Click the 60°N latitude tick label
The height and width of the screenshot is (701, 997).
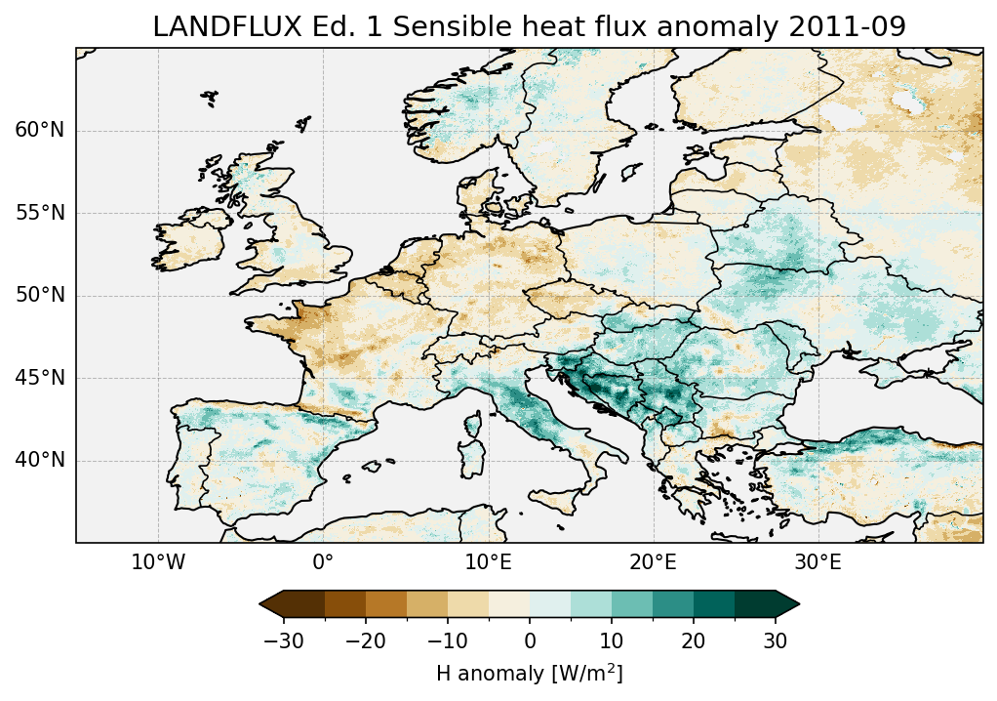pos(39,131)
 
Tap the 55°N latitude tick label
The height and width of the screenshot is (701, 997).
pos(39,214)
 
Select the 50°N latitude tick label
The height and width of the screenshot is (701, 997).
pos(39,296)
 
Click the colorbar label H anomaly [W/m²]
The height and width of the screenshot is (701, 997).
pos(529,674)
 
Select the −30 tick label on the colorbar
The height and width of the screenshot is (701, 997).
pos(283,640)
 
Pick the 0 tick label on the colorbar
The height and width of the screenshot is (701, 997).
pos(530,640)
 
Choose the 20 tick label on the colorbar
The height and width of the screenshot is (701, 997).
pos(694,640)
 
